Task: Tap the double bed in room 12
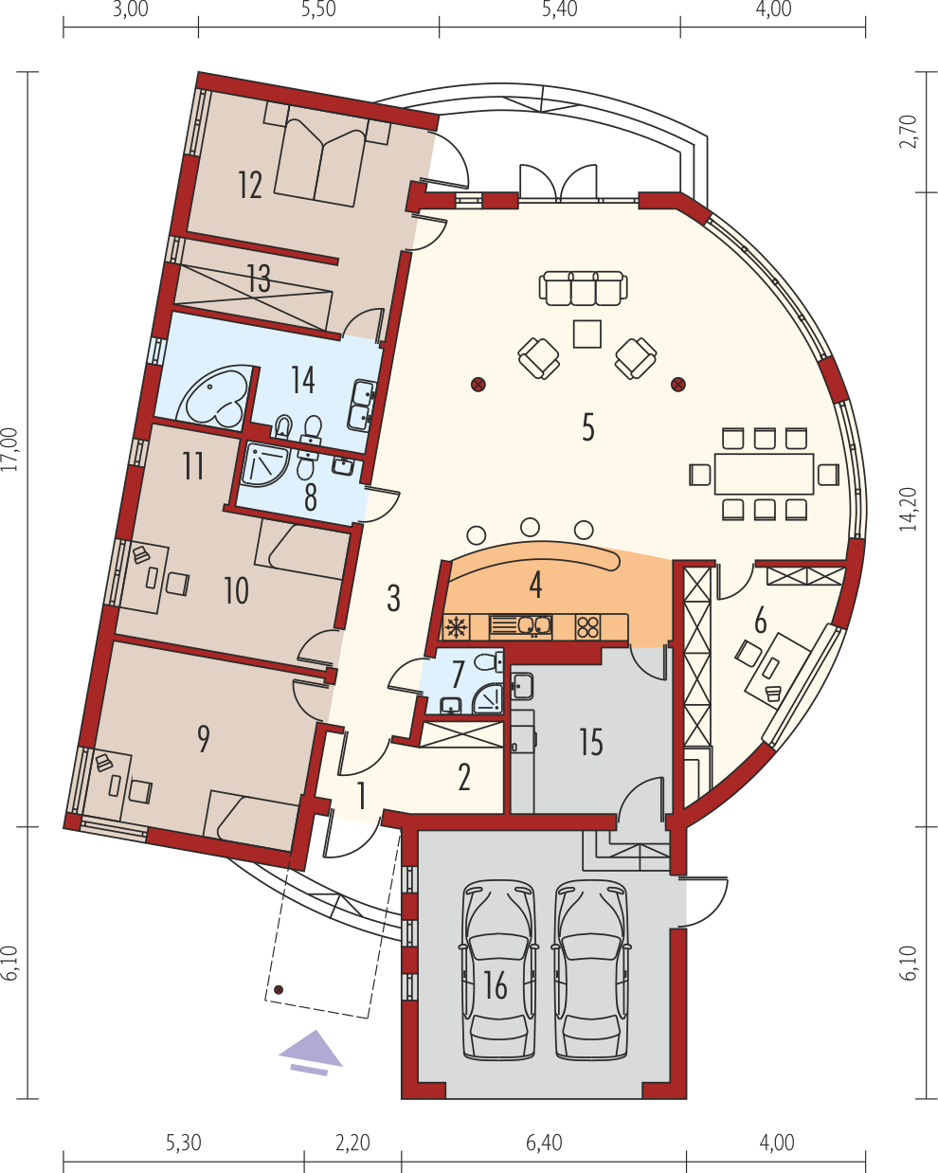click(x=320, y=155)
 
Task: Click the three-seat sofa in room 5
click(x=583, y=288)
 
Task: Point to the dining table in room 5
click(x=764, y=474)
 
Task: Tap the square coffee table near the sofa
click(x=587, y=334)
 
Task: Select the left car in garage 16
click(x=497, y=970)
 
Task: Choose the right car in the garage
click(x=591, y=970)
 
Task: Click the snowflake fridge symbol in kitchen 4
click(x=455, y=627)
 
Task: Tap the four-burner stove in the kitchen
click(x=588, y=627)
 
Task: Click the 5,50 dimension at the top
click(x=318, y=9)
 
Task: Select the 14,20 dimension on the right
click(x=908, y=509)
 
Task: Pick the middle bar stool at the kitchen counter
click(x=530, y=527)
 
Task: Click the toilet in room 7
click(x=488, y=662)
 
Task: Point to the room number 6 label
click(x=760, y=621)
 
